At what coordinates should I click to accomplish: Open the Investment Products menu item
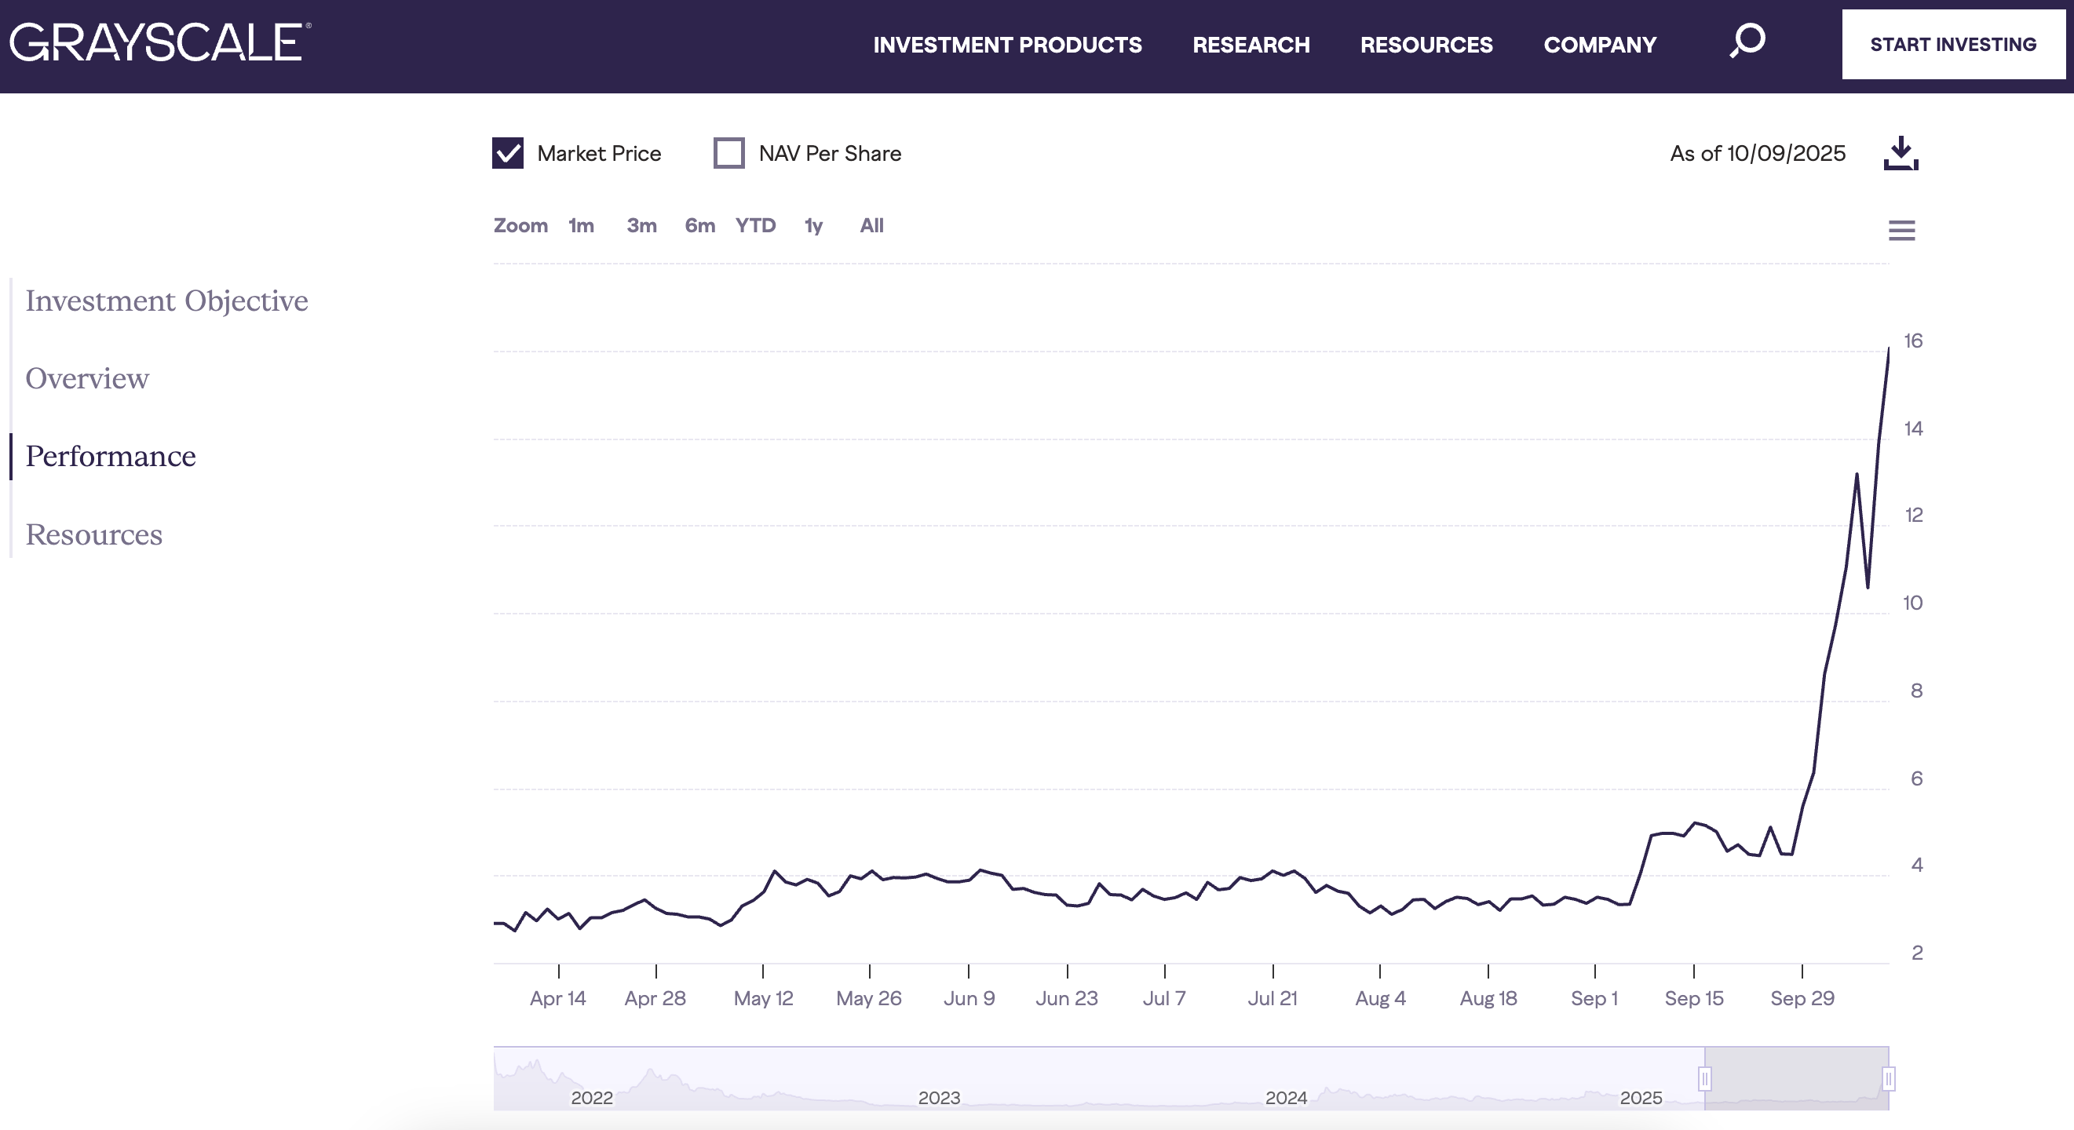point(1007,45)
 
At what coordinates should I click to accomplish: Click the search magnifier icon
point(1747,40)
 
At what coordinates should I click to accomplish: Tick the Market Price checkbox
point(508,153)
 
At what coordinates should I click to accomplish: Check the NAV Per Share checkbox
point(728,153)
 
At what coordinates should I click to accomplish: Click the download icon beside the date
point(1901,153)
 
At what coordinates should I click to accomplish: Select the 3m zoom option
point(641,225)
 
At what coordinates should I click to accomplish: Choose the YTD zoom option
point(755,225)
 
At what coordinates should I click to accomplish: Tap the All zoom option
point(871,225)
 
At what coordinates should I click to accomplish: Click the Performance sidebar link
point(111,457)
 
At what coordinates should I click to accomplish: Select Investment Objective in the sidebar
point(166,301)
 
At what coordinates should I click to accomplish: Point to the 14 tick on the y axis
point(1913,428)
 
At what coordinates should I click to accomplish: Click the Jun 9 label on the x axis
point(969,998)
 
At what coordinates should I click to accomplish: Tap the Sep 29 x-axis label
point(1802,998)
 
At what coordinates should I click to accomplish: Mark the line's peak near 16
point(1889,349)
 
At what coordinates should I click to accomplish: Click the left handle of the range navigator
point(1704,1078)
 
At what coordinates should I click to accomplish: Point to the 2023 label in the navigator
point(939,1098)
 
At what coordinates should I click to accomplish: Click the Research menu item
point(1251,45)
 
